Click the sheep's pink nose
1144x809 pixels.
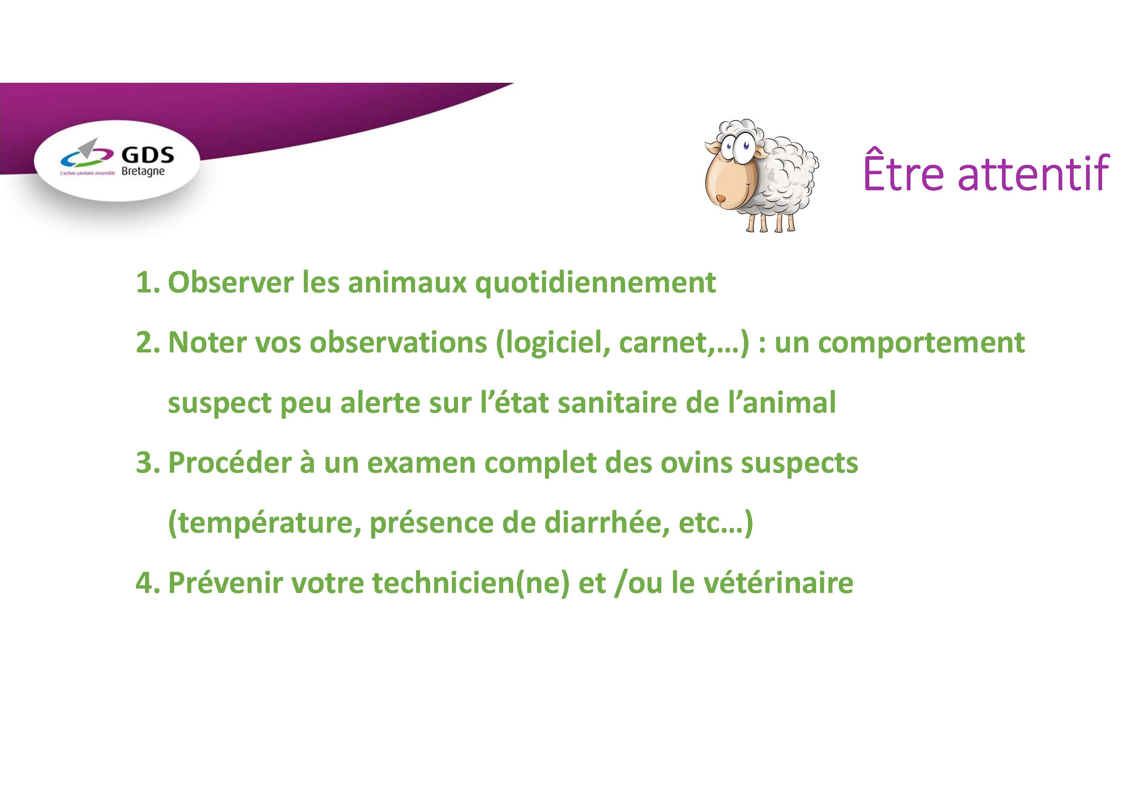721,199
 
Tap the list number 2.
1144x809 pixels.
147,343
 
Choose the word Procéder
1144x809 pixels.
230,462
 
